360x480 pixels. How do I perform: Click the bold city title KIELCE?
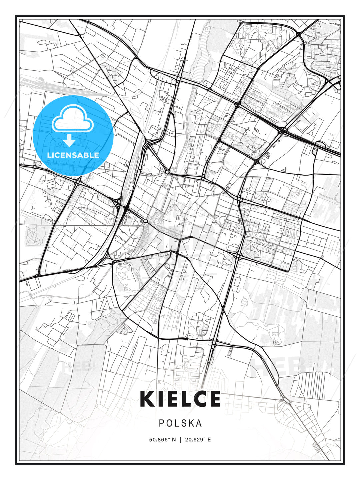(x=180, y=399)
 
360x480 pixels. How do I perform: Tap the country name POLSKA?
(x=180, y=423)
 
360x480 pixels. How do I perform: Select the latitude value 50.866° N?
(x=162, y=440)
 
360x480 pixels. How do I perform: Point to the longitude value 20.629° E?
(x=197, y=440)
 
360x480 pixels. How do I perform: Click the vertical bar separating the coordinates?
(x=180, y=440)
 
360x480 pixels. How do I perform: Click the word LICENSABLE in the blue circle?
(x=73, y=155)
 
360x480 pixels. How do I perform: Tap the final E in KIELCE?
(x=215, y=399)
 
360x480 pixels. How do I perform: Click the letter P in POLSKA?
(x=161, y=423)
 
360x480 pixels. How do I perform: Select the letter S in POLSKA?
(x=181, y=423)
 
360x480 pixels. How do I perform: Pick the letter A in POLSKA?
(x=199, y=423)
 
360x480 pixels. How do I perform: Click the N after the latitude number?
(x=174, y=440)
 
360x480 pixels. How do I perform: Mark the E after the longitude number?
(x=209, y=440)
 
